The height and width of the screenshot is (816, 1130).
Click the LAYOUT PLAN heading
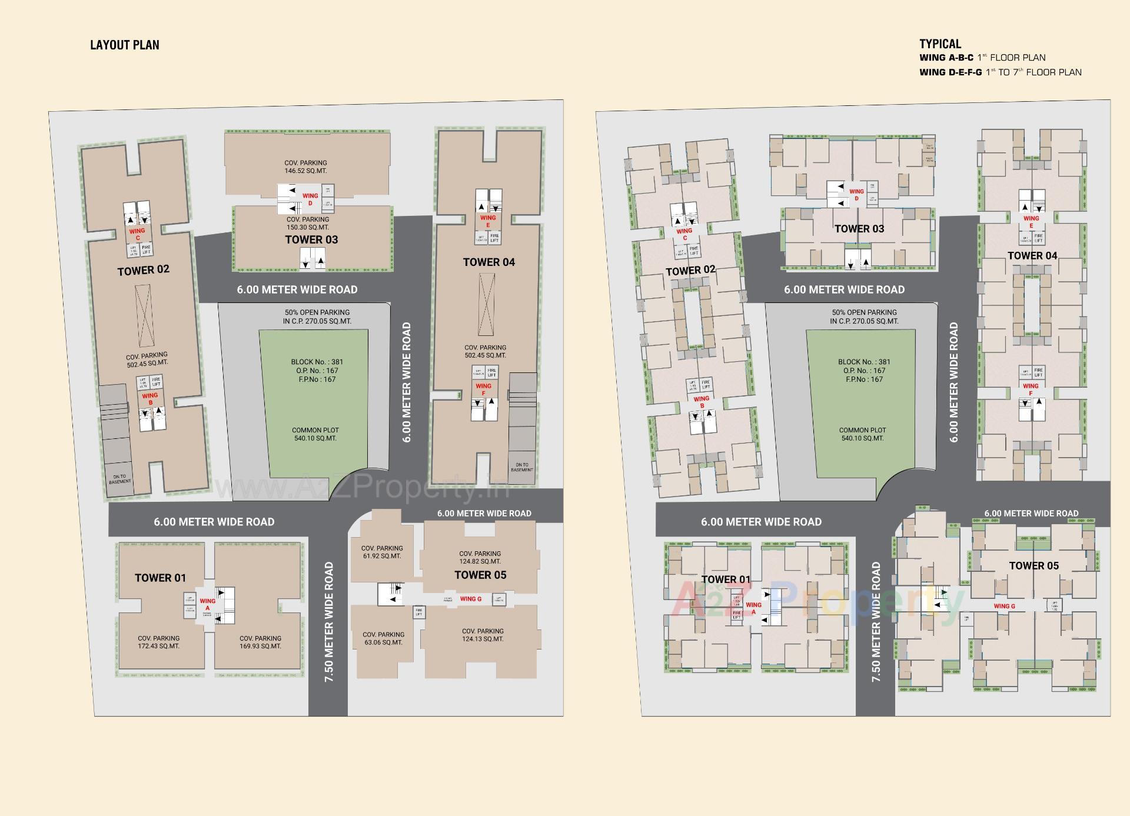(x=125, y=45)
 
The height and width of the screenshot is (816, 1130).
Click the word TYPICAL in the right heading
(x=940, y=44)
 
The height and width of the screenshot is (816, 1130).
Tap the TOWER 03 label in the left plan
(x=311, y=239)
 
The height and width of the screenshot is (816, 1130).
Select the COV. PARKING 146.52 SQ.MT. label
(x=305, y=166)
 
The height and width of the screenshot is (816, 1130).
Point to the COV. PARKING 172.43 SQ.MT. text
(x=158, y=642)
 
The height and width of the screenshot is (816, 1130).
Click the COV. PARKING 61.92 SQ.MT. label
(x=381, y=552)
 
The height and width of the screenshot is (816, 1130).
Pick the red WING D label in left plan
(x=310, y=199)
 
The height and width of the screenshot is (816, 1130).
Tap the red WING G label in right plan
(x=1004, y=606)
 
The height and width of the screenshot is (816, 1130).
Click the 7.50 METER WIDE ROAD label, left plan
(x=329, y=622)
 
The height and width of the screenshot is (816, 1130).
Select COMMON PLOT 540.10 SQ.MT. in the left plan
(x=315, y=434)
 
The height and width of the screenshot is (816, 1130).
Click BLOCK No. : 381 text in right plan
(x=864, y=362)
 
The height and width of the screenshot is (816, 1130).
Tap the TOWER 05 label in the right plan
(x=1033, y=566)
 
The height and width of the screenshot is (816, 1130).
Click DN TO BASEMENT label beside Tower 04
(x=521, y=467)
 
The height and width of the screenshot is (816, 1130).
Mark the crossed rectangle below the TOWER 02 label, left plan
(x=143, y=315)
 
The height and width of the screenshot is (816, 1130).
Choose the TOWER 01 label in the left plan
(x=160, y=578)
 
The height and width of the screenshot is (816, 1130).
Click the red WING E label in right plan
(x=1031, y=221)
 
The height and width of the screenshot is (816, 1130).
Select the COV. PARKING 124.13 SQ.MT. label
(x=483, y=635)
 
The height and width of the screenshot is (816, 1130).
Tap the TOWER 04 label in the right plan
(x=1032, y=255)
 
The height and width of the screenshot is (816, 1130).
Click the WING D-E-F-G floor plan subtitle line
(x=1000, y=72)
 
